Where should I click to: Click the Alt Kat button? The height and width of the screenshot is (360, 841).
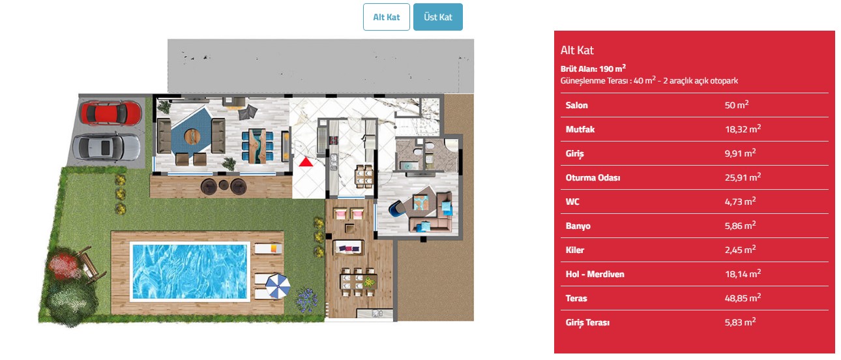point(387,17)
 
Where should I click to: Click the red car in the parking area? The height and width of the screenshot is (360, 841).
point(110,113)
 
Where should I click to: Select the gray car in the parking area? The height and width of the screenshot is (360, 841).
point(106,147)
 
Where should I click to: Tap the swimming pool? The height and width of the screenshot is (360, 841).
point(190,271)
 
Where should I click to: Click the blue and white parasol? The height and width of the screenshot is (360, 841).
point(278,286)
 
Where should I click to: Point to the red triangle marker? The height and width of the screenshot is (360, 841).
point(306,162)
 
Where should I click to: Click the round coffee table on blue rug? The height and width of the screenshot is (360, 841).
point(192,137)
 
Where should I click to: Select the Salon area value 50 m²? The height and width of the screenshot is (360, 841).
point(736,105)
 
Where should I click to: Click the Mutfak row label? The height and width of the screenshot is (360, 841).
point(580,129)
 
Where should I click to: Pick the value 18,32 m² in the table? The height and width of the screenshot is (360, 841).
point(743,128)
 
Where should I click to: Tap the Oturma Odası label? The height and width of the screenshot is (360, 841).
point(593,177)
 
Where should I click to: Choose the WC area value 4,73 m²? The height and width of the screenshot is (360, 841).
point(740,202)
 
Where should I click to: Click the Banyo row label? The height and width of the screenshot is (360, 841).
point(578,226)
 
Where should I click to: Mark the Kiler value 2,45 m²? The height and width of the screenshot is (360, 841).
point(740,250)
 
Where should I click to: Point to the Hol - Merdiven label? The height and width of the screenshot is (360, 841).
point(595,274)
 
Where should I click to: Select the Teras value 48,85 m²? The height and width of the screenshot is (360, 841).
point(743,297)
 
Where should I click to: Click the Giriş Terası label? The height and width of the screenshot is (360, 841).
point(587,322)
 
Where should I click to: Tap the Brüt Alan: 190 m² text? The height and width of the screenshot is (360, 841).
point(593,68)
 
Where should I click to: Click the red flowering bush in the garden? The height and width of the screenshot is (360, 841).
point(63,265)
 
